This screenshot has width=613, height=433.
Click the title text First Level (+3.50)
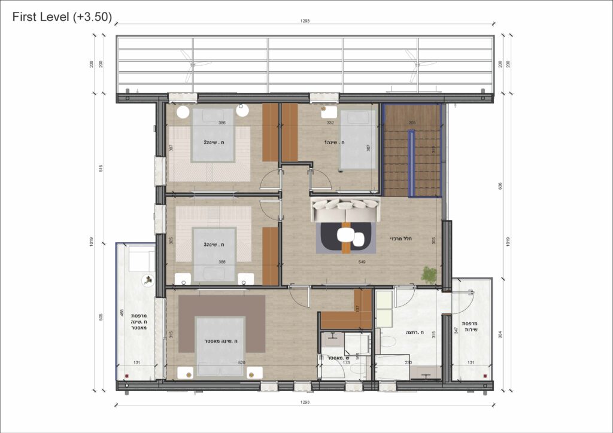click(x=62, y=17)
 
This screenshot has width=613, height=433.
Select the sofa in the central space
click(x=345, y=210)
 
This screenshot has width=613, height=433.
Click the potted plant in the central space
click(x=429, y=275)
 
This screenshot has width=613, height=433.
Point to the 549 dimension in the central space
click(x=363, y=262)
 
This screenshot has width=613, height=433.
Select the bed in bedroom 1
click(x=358, y=139)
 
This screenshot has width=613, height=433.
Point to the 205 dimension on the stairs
click(x=412, y=122)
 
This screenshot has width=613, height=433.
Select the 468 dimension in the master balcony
click(x=122, y=315)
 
